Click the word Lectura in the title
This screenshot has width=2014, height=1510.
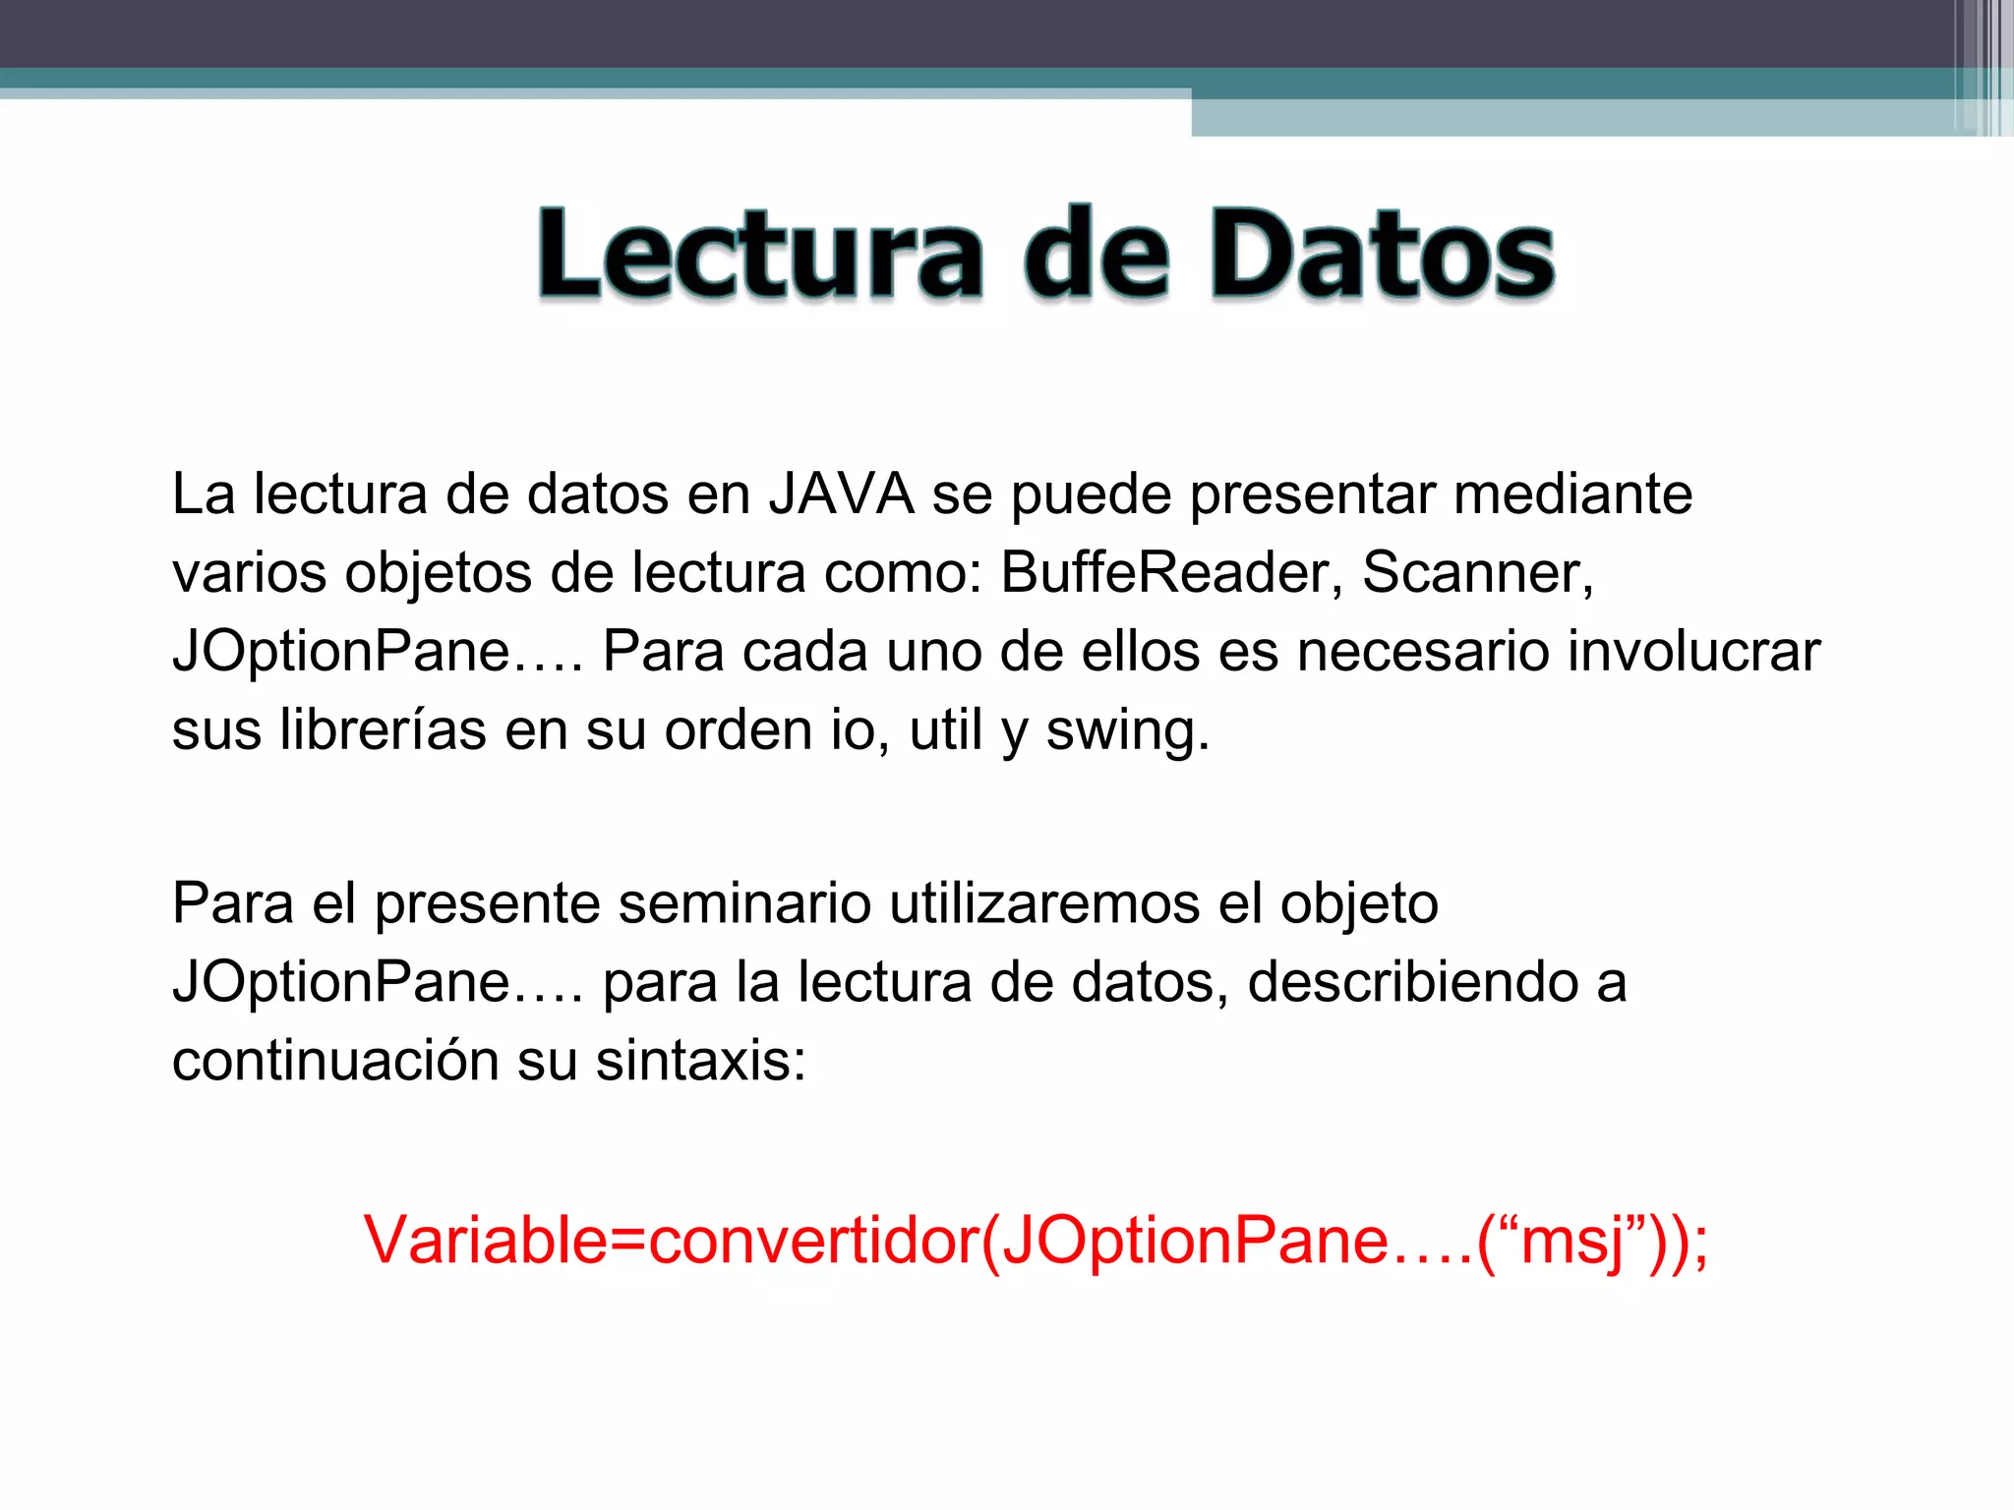pos(759,253)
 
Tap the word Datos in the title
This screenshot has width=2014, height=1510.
pos(1382,253)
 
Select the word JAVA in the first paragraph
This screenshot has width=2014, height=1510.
pos(842,494)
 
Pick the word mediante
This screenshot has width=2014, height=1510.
pos(1573,494)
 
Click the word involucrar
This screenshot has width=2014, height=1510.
pos(1693,651)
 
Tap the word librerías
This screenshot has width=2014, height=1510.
pos(383,729)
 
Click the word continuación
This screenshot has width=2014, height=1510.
pos(335,1061)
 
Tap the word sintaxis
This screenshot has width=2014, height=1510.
pos(700,1061)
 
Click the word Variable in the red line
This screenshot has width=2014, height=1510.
pos(486,1240)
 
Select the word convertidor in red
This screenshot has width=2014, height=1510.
pos(814,1240)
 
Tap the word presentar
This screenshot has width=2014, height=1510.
pos(1312,495)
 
